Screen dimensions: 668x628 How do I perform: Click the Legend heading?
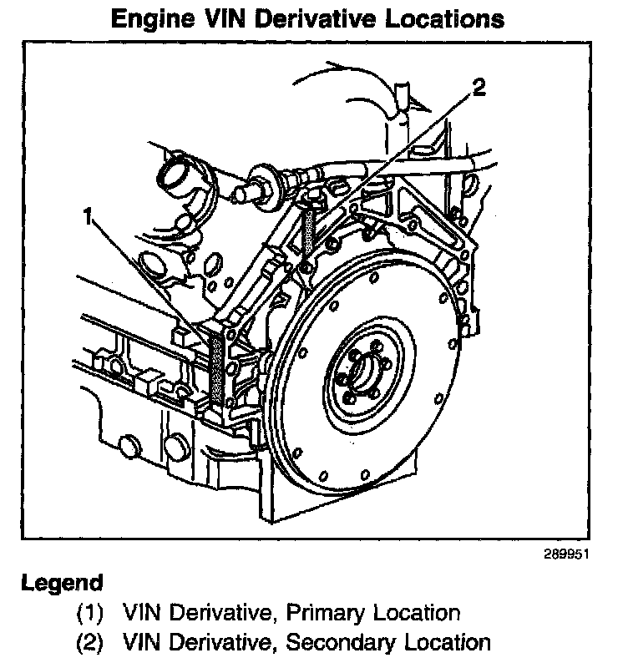coord(62,582)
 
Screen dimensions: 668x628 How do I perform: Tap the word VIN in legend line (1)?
coord(139,614)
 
